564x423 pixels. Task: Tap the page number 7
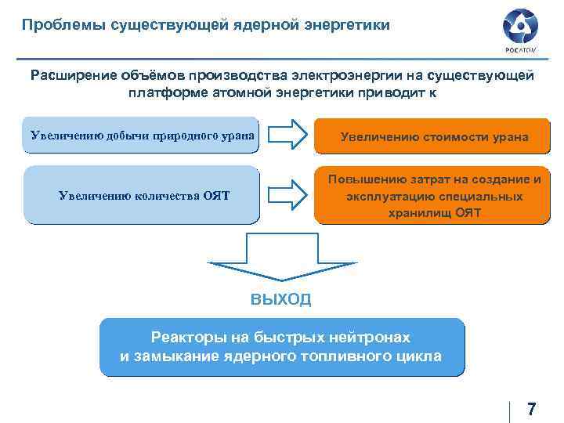tap(532, 409)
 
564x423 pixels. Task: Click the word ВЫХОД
tap(281, 299)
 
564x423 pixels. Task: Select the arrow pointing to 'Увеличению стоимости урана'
tap(286, 134)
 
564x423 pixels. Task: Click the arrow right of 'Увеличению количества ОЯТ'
tap(286, 194)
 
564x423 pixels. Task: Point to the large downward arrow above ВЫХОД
tap(282, 262)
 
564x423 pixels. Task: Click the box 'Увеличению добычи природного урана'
tap(142, 135)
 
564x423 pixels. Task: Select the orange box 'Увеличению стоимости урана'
tap(434, 137)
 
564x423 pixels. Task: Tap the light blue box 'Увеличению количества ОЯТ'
tap(142, 195)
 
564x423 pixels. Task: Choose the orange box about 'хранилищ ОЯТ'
tap(434, 196)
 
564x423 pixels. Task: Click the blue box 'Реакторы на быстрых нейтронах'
tap(281, 346)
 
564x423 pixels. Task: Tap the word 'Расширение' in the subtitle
tap(72, 76)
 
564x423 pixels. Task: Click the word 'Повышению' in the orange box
tap(364, 179)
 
